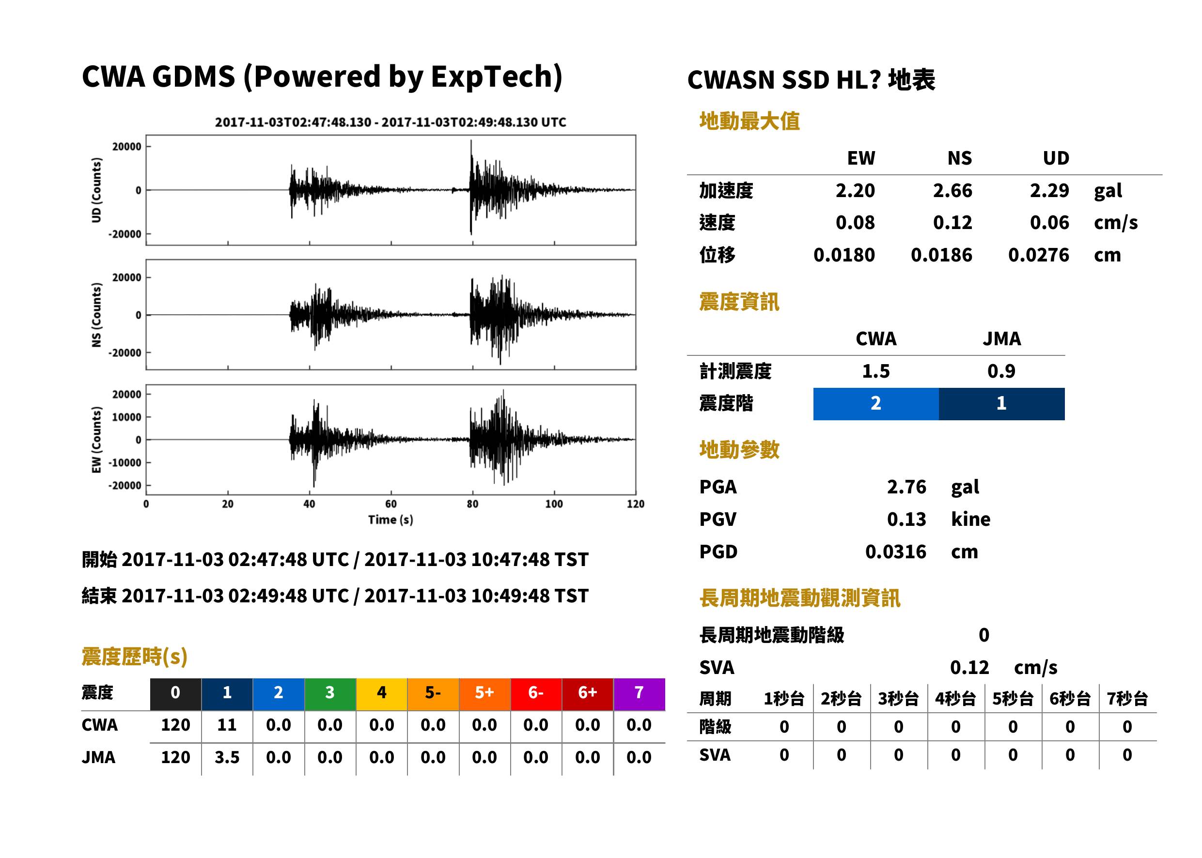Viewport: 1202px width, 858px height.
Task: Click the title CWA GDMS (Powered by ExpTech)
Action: [x=322, y=77]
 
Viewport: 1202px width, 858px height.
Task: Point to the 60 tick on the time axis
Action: [x=390, y=504]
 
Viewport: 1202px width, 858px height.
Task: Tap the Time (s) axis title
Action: [x=390, y=520]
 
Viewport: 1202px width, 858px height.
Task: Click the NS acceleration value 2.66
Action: [x=952, y=191]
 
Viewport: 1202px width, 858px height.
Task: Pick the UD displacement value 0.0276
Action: [x=1039, y=255]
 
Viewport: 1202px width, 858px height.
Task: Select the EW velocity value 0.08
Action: [x=855, y=223]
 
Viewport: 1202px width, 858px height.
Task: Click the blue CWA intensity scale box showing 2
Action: [x=876, y=404]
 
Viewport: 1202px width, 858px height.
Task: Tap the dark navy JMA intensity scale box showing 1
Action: [x=1002, y=404]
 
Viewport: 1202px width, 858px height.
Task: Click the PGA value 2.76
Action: [x=906, y=487]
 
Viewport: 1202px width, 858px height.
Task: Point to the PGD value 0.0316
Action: [x=896, y=552]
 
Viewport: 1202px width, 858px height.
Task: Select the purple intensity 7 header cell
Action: [x=639, y=693]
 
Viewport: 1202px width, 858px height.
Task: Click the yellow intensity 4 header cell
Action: [x=382, y=693]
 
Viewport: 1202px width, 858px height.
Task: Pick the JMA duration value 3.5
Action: [x=227, y=758]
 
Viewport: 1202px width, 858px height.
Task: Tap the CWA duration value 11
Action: [x=227, y=725]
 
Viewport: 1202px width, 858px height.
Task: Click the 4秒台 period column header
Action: [x=955, y=699]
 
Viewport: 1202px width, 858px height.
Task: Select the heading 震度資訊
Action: [x=739, y=302]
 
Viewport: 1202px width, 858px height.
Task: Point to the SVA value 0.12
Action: [x=969, y=668]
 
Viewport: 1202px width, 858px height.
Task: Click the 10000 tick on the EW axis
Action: [x=126, y=417]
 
